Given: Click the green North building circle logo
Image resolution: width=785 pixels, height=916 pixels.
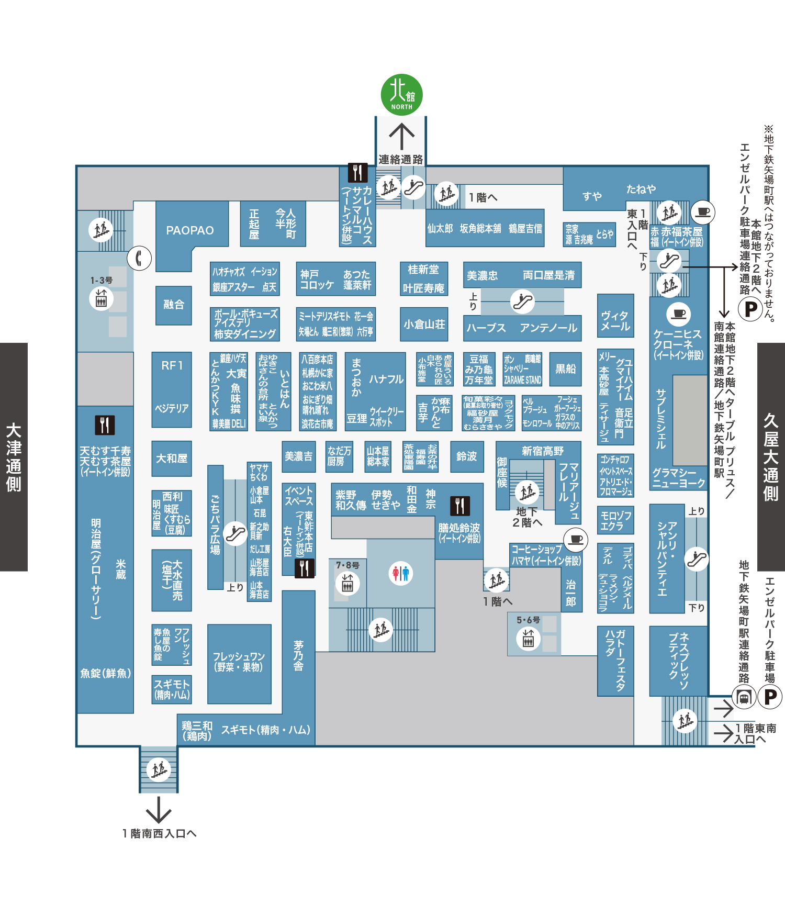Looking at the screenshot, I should click(401, 95).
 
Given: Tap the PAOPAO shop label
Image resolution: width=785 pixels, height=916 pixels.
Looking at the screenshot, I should click(190, 230).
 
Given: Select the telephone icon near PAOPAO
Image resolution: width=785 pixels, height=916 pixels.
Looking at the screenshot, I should click(139, 258).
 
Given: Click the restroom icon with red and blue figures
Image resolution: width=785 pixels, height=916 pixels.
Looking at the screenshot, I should click(401, 573).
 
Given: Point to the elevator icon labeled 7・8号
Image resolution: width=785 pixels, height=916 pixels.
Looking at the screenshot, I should click(347, 583).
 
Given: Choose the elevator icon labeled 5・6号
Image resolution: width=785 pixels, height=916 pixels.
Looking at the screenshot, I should click(528, 638).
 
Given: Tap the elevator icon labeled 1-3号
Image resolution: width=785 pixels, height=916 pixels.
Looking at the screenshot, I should click(101, 299).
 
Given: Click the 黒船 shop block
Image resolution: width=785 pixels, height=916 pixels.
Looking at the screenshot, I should click(565, 369).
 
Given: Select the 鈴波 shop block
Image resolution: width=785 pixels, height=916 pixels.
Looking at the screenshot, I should click(467, 456).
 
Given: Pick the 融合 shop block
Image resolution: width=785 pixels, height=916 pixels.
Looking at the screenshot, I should click(174, 305).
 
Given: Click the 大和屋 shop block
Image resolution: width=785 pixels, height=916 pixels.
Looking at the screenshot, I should click(172, 459).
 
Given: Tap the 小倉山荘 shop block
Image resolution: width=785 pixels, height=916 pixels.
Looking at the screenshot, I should click(424, 325).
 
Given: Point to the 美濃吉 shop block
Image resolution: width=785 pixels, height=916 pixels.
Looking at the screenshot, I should click(298, 456).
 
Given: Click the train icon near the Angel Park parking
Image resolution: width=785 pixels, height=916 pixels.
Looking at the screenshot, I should click(744, 697).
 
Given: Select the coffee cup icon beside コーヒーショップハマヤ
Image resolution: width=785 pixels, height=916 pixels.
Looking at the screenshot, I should click(576, 539).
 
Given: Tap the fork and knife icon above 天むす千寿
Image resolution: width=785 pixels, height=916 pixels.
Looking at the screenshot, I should click(105, 425).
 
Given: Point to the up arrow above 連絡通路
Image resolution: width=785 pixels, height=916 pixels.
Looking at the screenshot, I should click(401, 136).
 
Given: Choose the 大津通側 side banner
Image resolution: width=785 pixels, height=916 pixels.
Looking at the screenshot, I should click(14, 457).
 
